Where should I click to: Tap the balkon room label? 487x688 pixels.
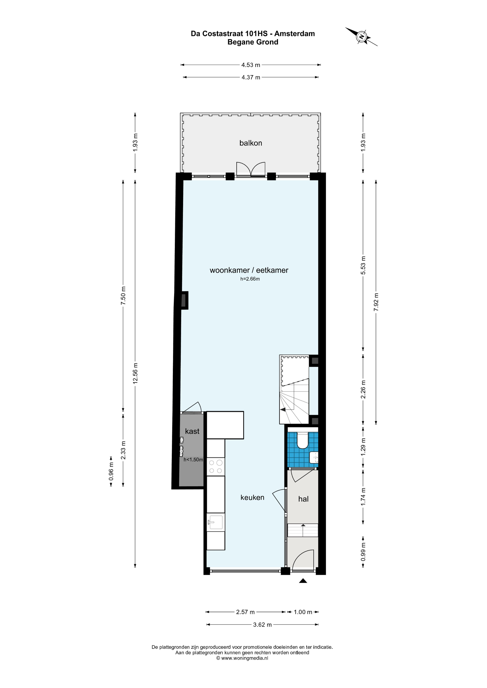click(251, 143)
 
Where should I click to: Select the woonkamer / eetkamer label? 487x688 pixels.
click(249, 270)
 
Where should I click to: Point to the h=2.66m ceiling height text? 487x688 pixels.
click(250, 279)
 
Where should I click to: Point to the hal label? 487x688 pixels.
click(303, 499)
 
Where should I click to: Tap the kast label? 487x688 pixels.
click(192, 431)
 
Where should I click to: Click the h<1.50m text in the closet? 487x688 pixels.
click(193, 460)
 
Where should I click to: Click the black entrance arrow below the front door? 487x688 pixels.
click(303, 581)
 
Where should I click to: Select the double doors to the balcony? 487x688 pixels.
click(251, 170)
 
